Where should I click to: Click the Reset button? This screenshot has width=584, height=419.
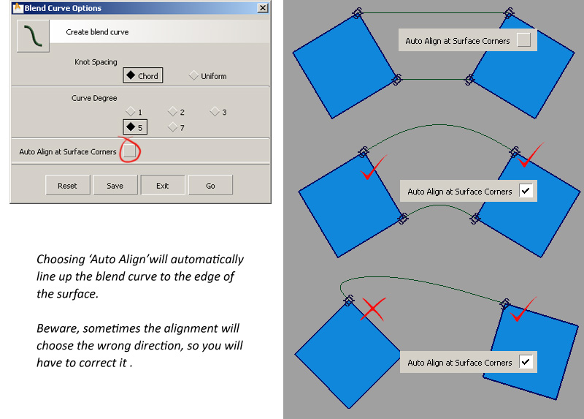(x=67, y=185)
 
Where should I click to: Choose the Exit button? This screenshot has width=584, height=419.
(x=162, y=185)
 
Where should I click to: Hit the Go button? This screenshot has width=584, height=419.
(x=210, y=185)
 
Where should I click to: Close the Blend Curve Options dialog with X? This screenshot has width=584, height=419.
(x=263, y=8)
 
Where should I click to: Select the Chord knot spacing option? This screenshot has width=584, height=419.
(x=142, y=75)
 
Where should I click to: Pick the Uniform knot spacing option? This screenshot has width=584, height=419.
(x=208, y=76)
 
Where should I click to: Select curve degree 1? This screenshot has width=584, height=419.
(x=134, y=112)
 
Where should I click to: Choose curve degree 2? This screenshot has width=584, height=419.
(x=176, y=112)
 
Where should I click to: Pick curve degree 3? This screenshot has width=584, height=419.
(x=218, y=112)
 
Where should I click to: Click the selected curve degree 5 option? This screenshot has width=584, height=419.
(x=135, y=127)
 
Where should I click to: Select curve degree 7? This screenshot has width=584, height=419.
(x=176, y=127)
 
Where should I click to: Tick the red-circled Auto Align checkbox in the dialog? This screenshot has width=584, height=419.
(x=129, y=151)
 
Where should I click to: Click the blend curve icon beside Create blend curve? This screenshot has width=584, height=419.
(x=33, y=36)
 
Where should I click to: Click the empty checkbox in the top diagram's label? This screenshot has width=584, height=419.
(x=523, y=40)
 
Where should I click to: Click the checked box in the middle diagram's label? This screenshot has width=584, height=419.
(x=526, y=191)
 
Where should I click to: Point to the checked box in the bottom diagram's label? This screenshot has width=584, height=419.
(x=526, y=361)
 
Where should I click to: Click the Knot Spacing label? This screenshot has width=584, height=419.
(x=96, y=62)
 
